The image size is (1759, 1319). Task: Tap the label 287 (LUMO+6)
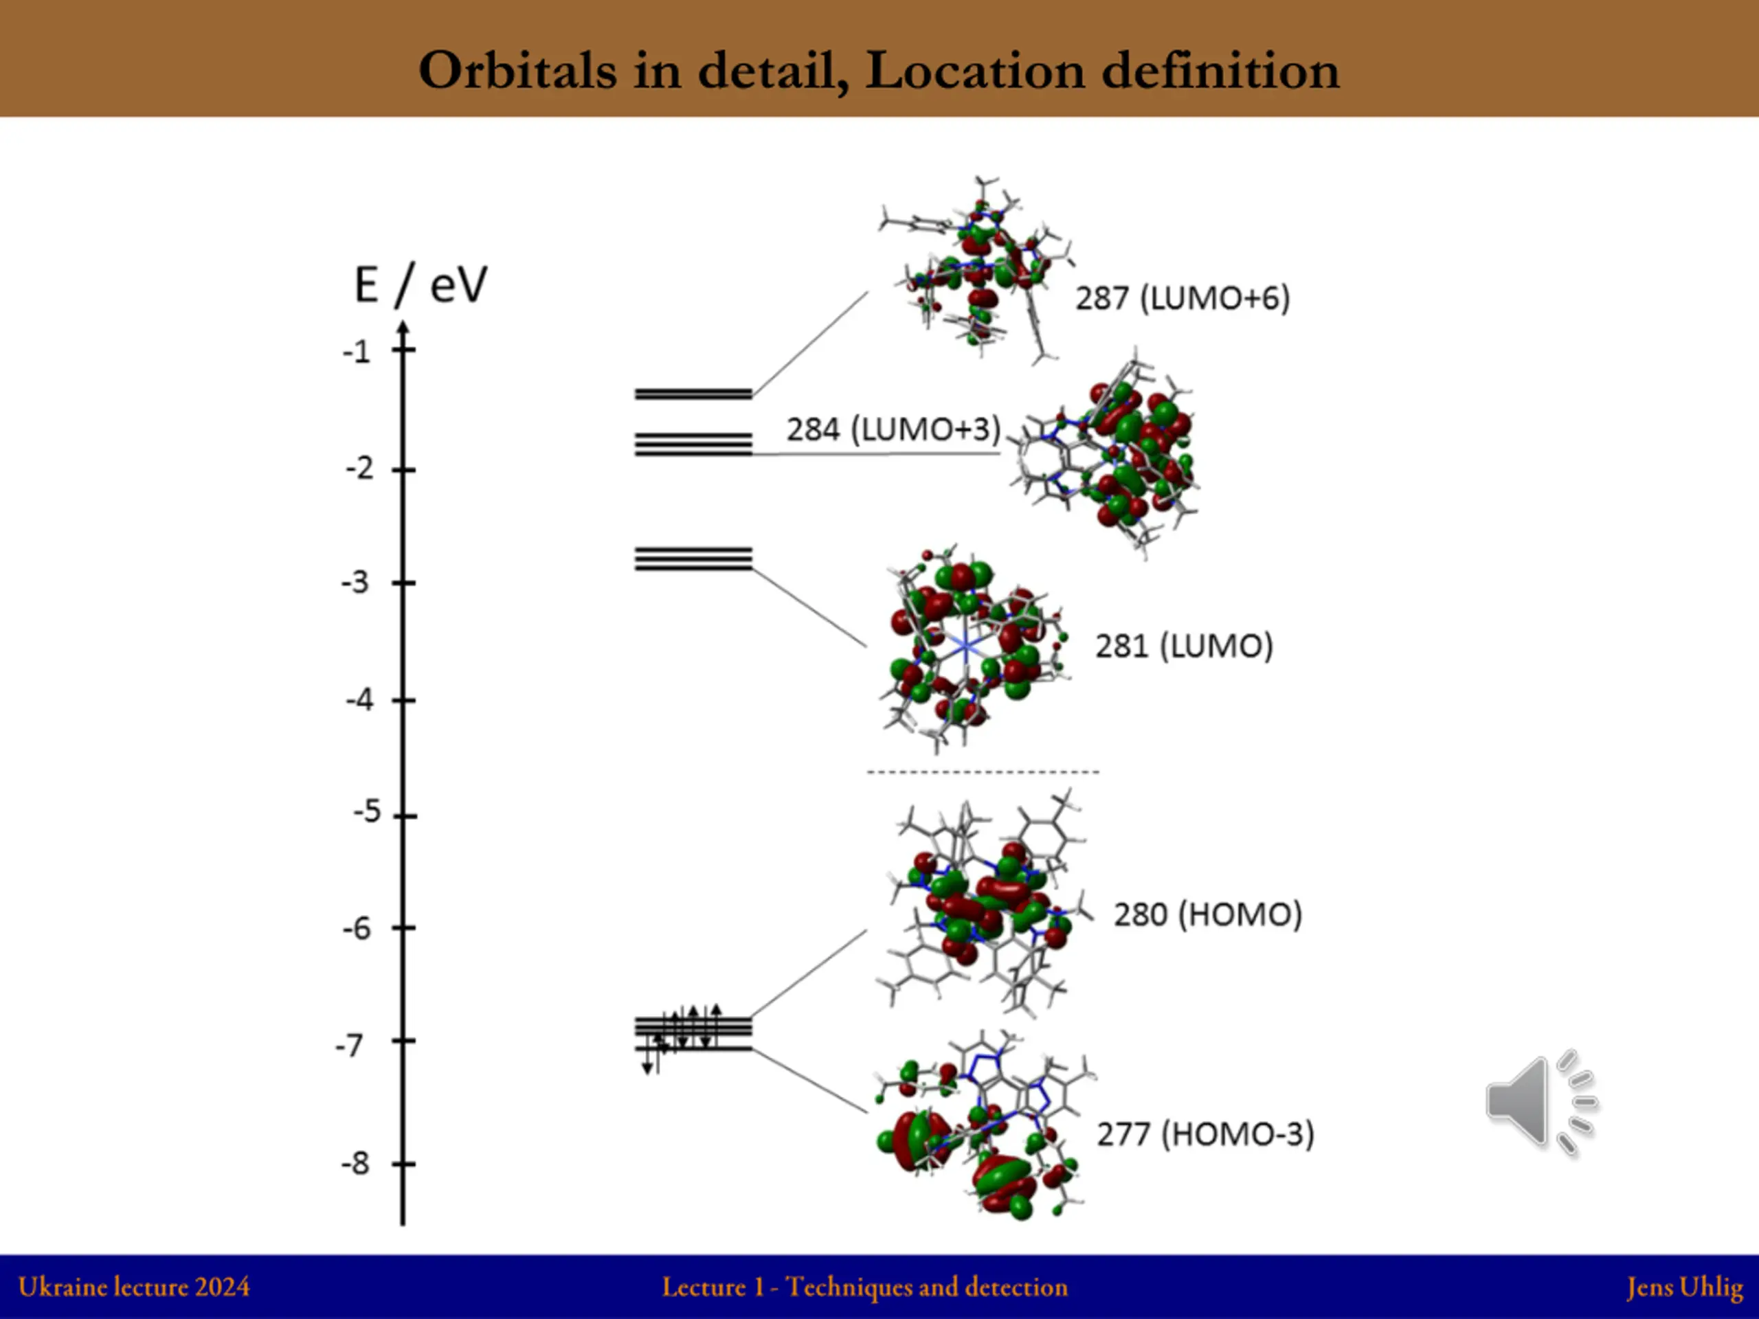click(1183, 298)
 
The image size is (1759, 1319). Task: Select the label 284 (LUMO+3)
click(893, 429)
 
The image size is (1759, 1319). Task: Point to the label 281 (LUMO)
click(1183, 646)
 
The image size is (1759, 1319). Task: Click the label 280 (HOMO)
click(1207, 914)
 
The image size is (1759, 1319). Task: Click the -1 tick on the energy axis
click(358, 352)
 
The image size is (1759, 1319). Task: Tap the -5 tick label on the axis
click(367, 812)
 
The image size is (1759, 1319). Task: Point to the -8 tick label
click(356, 1164)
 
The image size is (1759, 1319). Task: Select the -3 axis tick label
click(356, 583)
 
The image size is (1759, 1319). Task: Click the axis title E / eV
click(420, 284)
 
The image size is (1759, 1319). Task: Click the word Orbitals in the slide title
click(517, 70)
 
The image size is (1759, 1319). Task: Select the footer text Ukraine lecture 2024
click(133, 1287)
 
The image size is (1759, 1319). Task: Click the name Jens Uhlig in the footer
click(1683, 1287)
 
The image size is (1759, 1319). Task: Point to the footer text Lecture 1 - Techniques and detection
click(864, 1287)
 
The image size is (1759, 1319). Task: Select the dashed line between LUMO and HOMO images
click(982, 772)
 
